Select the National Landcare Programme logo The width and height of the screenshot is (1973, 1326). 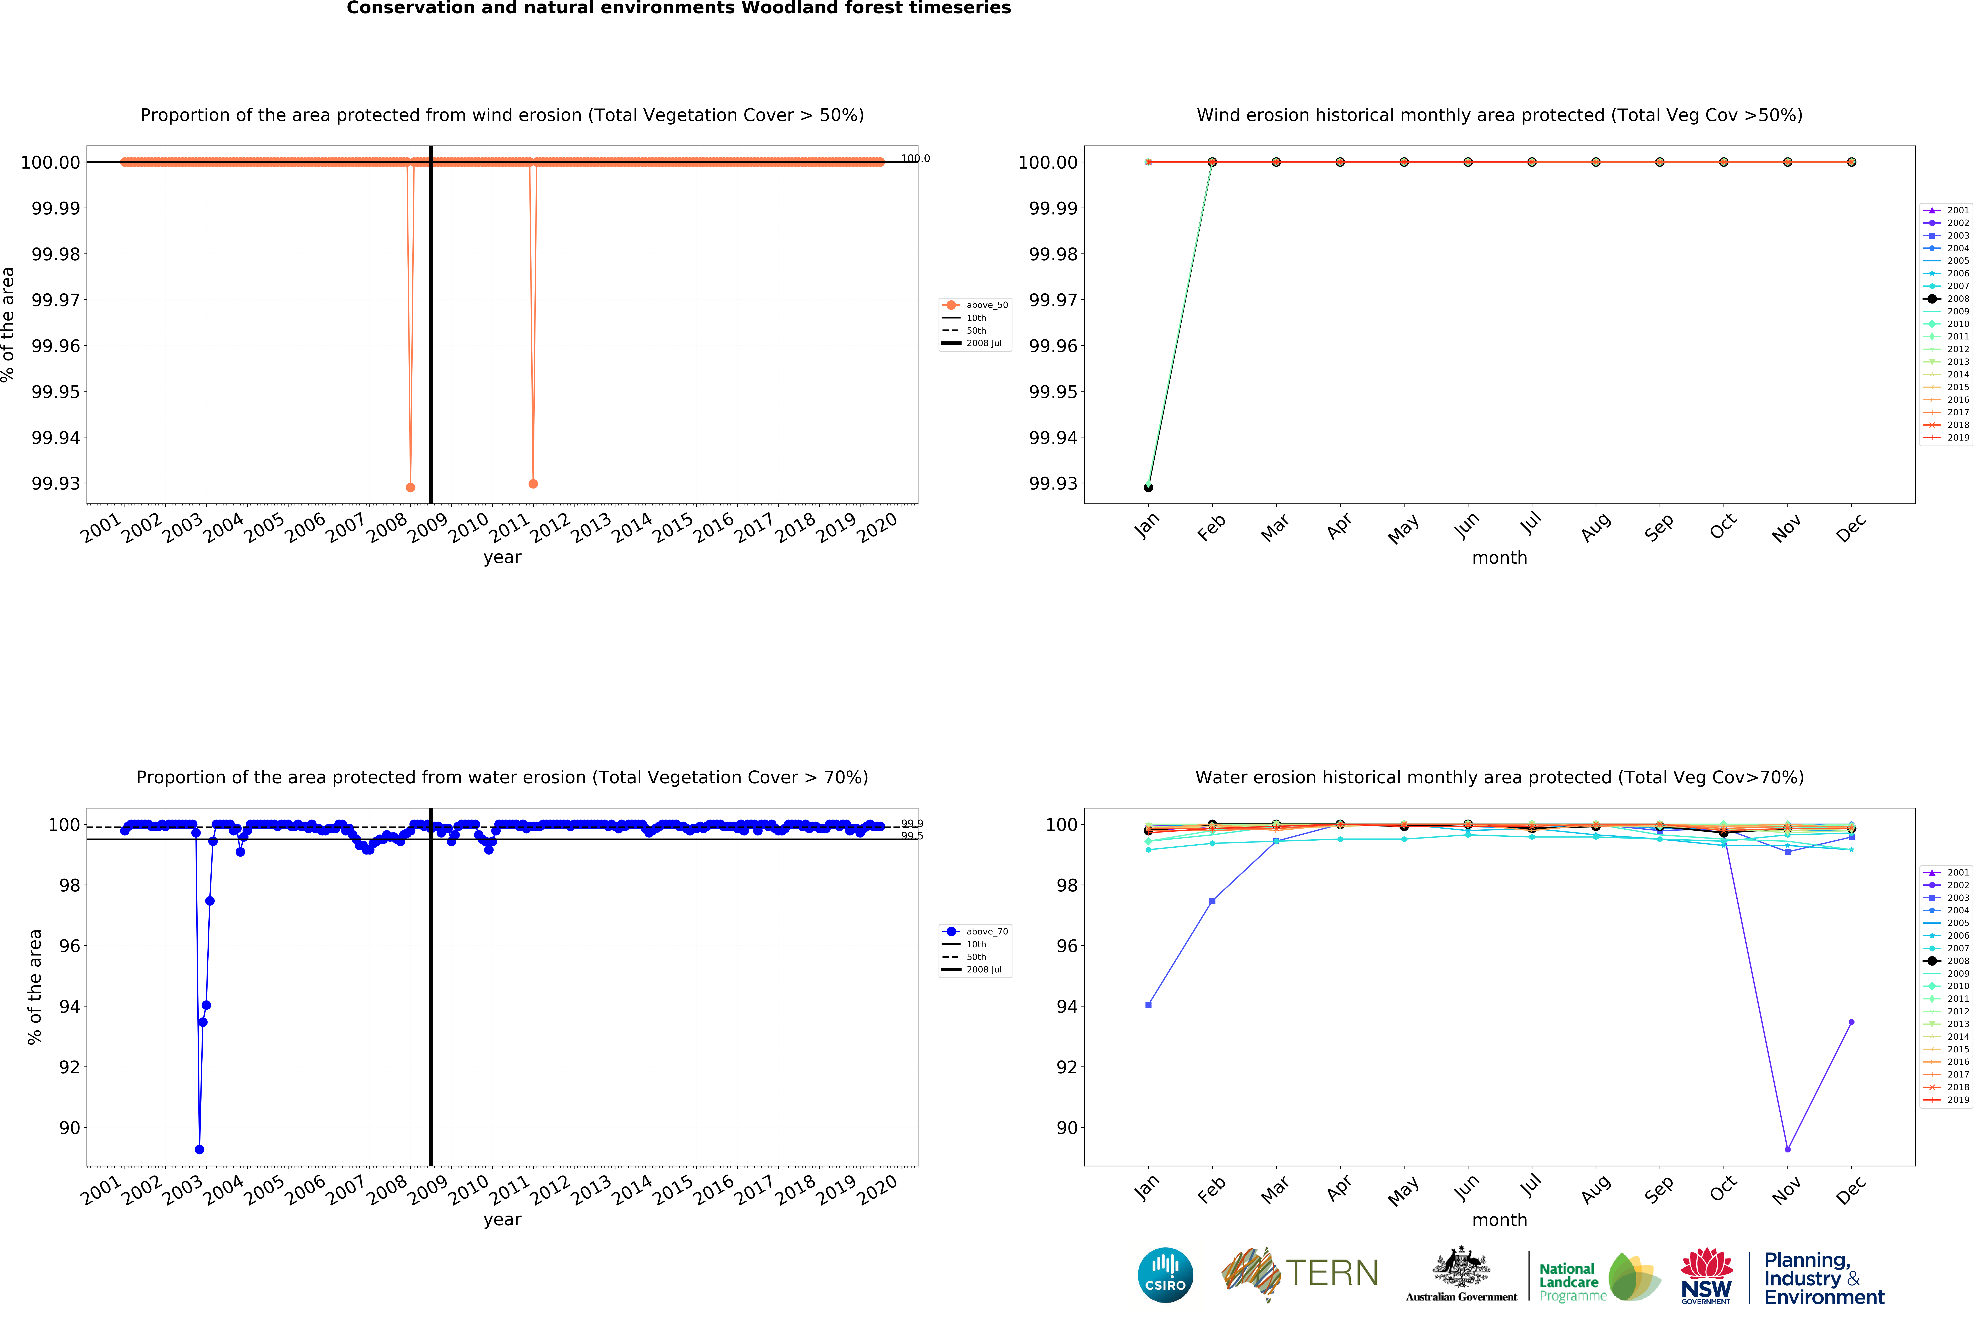1598,1277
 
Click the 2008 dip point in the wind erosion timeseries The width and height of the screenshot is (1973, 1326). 411,488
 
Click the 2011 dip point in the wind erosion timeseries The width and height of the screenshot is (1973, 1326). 533,484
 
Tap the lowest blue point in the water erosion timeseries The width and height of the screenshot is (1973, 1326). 199,1150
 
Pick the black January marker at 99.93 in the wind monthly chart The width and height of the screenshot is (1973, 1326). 1148,488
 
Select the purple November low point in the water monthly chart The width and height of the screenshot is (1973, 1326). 1787,1150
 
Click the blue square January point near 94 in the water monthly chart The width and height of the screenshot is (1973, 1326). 1148,1005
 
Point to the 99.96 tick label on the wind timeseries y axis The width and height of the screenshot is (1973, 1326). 56,346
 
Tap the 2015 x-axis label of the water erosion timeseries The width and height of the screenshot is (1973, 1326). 673,1191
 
